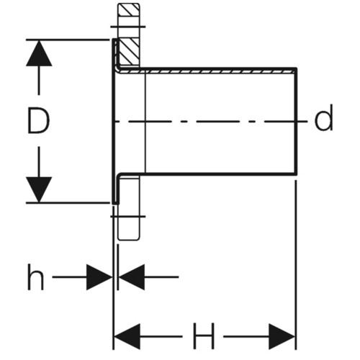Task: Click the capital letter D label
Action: [38, 120]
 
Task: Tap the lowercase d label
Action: [323, 118]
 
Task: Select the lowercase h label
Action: [35, 276]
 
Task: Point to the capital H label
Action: [203, 336]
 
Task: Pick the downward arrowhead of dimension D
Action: [39, 189]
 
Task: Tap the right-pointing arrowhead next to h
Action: [99, 277]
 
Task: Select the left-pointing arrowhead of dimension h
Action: [132, 277]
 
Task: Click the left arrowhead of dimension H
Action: [127, 336]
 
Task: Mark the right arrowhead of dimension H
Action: [282, 336]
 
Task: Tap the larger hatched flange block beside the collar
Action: [129, 51]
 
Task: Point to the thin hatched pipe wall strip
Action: [207, 71]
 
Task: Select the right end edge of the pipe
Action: [297, 121]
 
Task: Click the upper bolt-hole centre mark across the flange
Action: [127, 27]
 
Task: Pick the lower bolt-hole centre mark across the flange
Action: [127, 217]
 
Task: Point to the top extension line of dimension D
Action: [68, 39]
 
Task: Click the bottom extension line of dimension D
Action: [68, 203]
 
